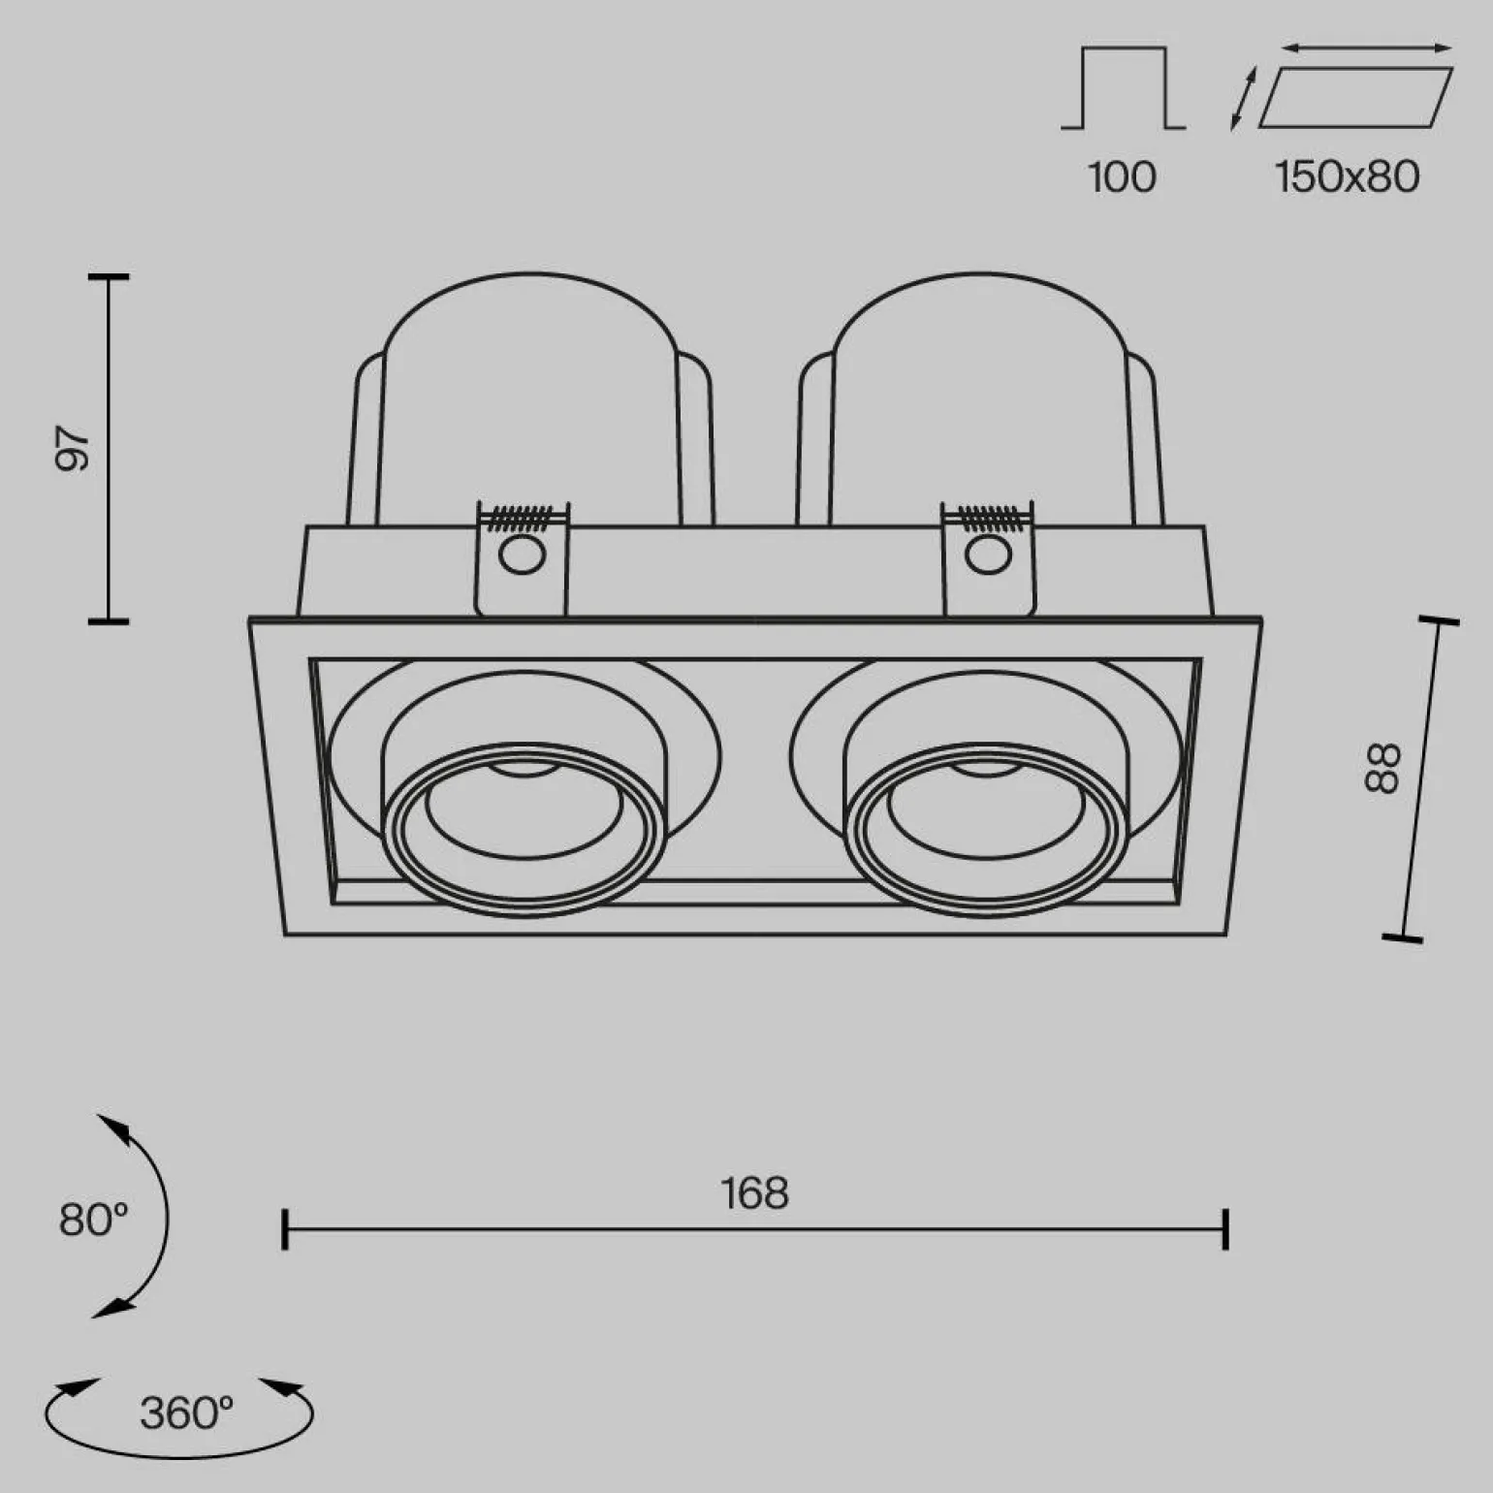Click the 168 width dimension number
click(754, 1193)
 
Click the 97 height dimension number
click(73, 447)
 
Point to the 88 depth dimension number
click(1383, 768)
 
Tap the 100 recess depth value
click(1122, 177)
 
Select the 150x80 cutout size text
click(1347, 177)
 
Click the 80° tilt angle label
click(93, 1220)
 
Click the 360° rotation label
click(186, 1414)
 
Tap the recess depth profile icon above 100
click(1123, 87)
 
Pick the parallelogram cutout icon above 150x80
click(1354, 97)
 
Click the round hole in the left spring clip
click(522, 556)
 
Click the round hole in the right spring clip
click(987, 556)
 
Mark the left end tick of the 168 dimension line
click(284, 1229)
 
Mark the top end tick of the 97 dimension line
click(109, 277)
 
